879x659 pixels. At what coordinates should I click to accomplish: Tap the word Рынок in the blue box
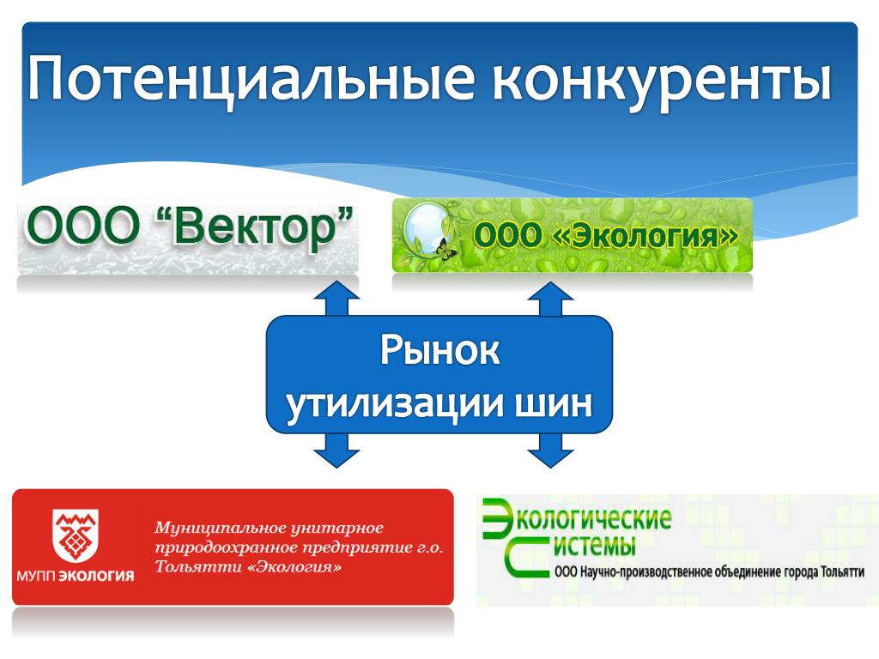[439, 351]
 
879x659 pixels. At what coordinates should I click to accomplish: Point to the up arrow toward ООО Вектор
[336, 299]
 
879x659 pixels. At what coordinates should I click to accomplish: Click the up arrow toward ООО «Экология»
[550, 299]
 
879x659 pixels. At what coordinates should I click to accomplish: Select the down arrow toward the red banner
[336, 450]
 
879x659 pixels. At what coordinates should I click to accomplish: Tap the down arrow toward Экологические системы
[550, 450]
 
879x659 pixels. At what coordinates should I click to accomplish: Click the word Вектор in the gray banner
[254, 227]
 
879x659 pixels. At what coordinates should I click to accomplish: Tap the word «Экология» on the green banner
[646, 235]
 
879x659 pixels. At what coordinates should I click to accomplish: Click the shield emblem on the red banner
[76, 536]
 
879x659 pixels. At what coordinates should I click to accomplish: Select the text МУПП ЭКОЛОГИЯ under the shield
[76, 576]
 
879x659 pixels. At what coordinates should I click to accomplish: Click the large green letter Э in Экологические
[498, 517]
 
